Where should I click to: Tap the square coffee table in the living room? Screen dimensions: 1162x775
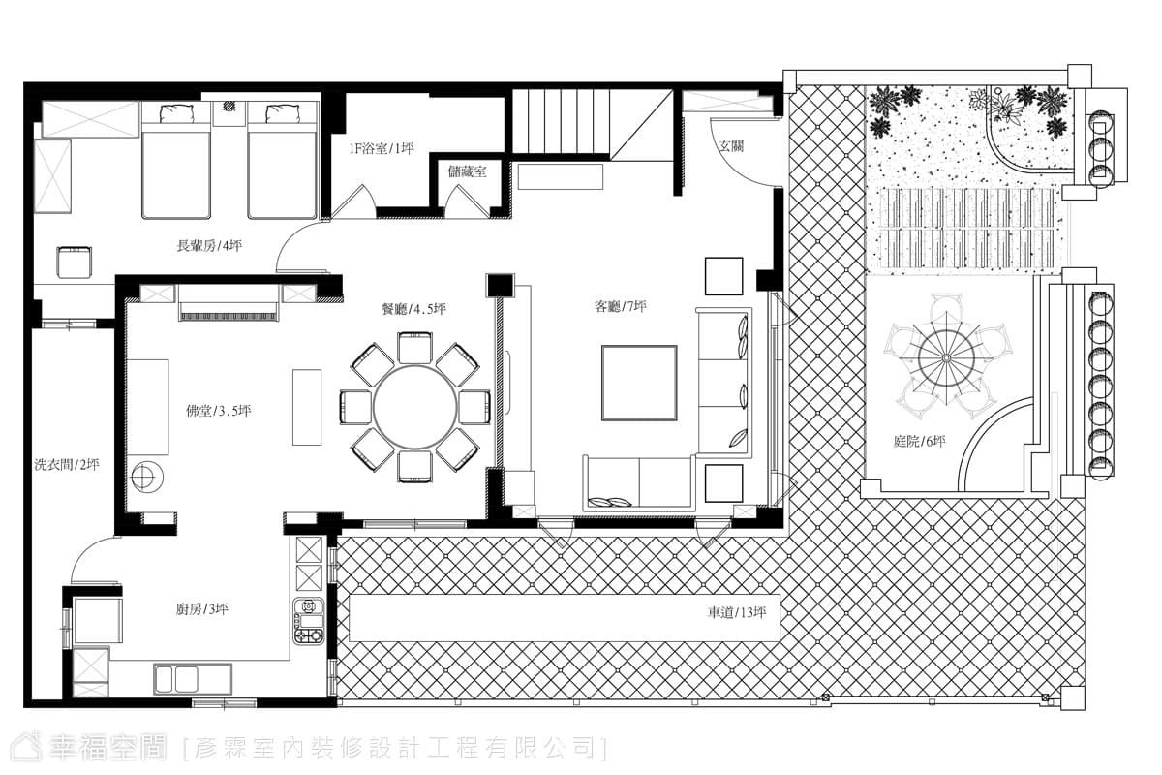coord(639,383)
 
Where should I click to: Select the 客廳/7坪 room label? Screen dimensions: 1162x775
coord(621,307)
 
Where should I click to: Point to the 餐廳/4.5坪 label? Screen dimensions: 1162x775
coord(413,309)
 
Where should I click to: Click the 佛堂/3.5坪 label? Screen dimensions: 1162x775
coord(219,411)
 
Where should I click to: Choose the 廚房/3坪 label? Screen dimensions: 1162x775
coord(201,609)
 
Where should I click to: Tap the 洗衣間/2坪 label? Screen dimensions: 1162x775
coord(67,465)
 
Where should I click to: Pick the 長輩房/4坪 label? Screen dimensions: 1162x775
coord(209,245)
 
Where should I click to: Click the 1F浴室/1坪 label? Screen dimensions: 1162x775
coord(382,149)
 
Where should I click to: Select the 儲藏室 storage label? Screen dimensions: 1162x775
coord(467,171)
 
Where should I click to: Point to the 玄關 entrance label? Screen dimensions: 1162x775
coord(731,146)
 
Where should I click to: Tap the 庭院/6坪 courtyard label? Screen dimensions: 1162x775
coord(919,442)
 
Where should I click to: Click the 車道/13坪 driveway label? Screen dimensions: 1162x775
coord(737,613)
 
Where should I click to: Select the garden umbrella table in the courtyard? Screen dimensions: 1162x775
coord(947,357)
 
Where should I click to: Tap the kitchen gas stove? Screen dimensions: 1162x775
coord(309,621)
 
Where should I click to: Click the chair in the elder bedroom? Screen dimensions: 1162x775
coord(74,263)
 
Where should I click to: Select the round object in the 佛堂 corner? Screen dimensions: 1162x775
coord(147,476)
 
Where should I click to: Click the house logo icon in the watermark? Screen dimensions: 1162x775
coord(26,748)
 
